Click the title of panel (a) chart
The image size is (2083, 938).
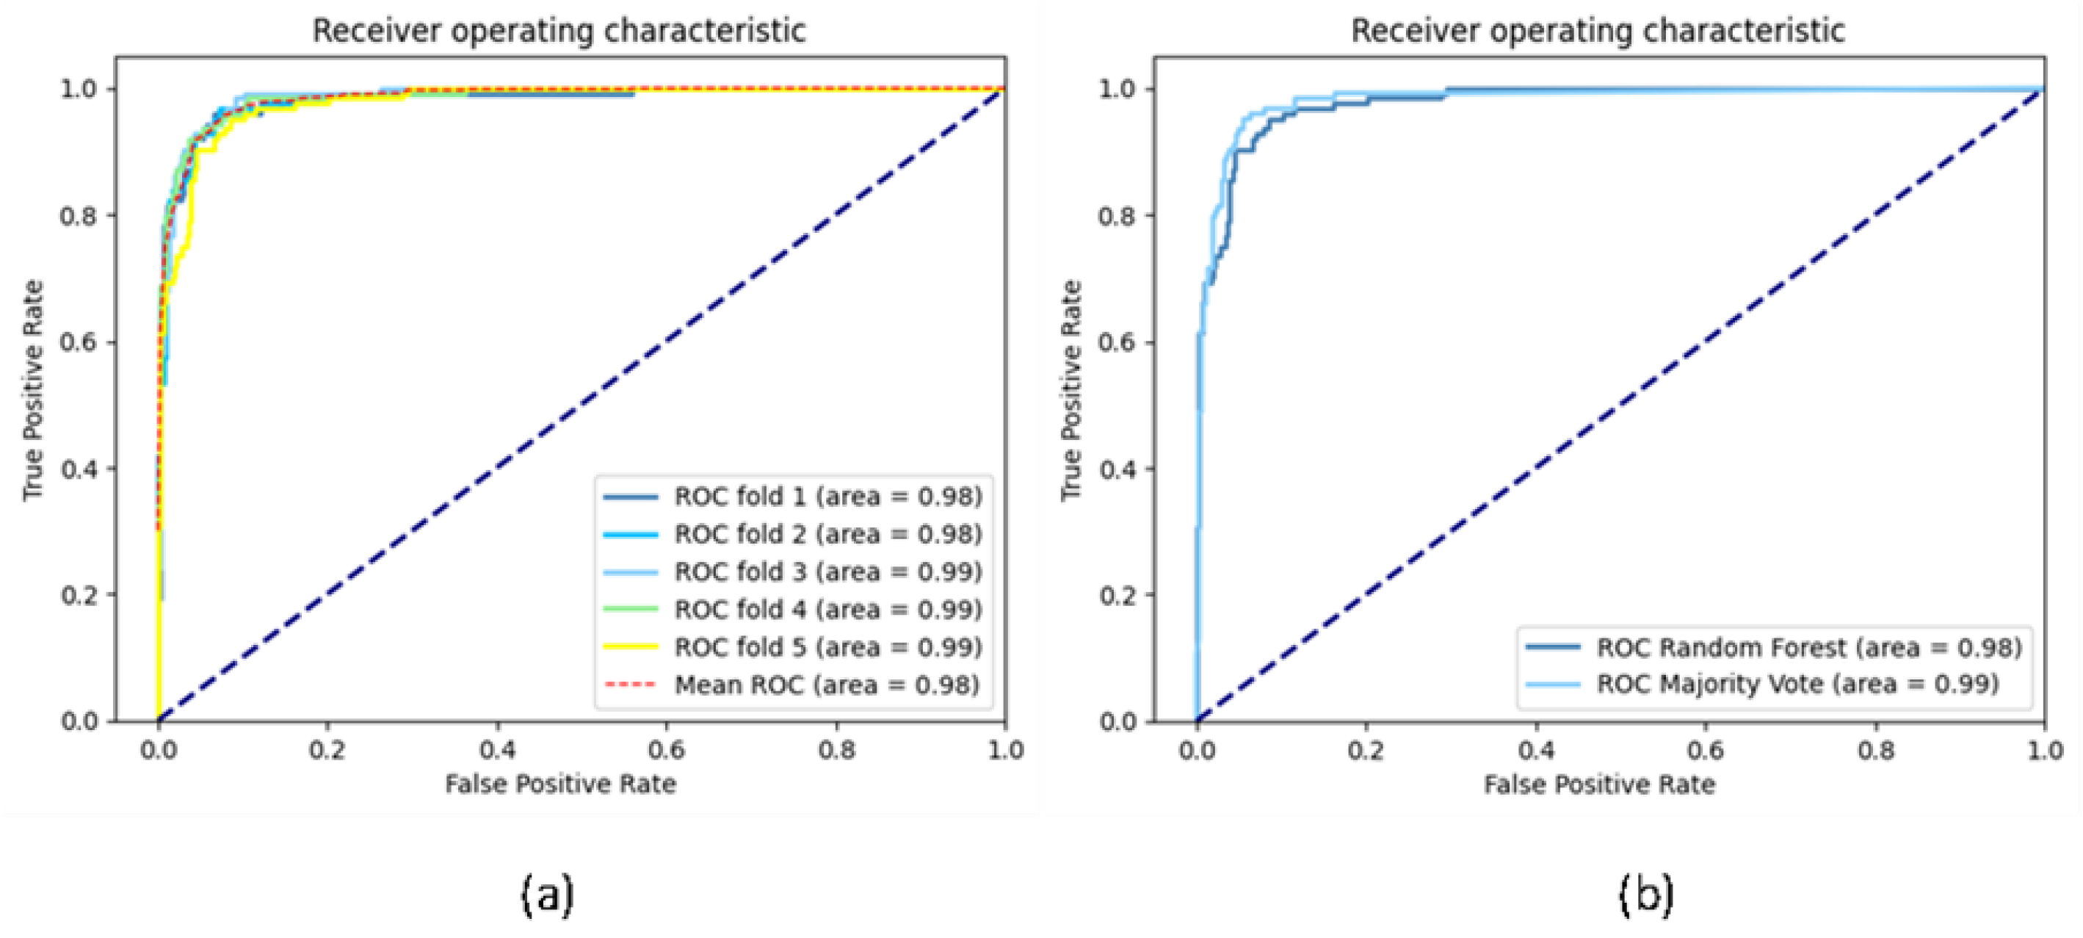(x=559, y=31)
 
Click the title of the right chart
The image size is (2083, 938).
(x=1598, y=31)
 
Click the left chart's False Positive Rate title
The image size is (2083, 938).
(x=560, y=784)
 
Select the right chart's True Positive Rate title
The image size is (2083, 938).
(x=1071, y=390)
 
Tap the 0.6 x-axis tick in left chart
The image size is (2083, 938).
(x=666, y=751)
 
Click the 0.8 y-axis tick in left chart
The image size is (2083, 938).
(x=79, y=216)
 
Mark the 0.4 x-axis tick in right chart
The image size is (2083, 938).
(x=1535, y=751)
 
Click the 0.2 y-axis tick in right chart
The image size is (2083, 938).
(x=1118, y=595)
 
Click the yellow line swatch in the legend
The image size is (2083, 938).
(x=631, y=647)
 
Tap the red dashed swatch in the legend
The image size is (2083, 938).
(x=631, y=685)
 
